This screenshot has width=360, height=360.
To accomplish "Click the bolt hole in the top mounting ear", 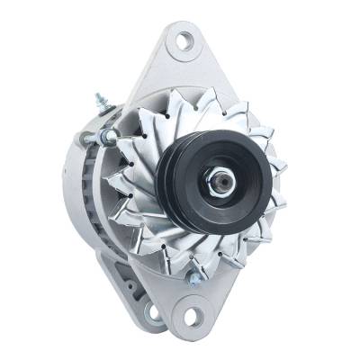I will coord(184,40).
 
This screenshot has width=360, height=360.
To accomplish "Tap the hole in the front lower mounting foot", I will coord(190,317).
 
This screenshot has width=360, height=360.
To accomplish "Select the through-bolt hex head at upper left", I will coord(109,136).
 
